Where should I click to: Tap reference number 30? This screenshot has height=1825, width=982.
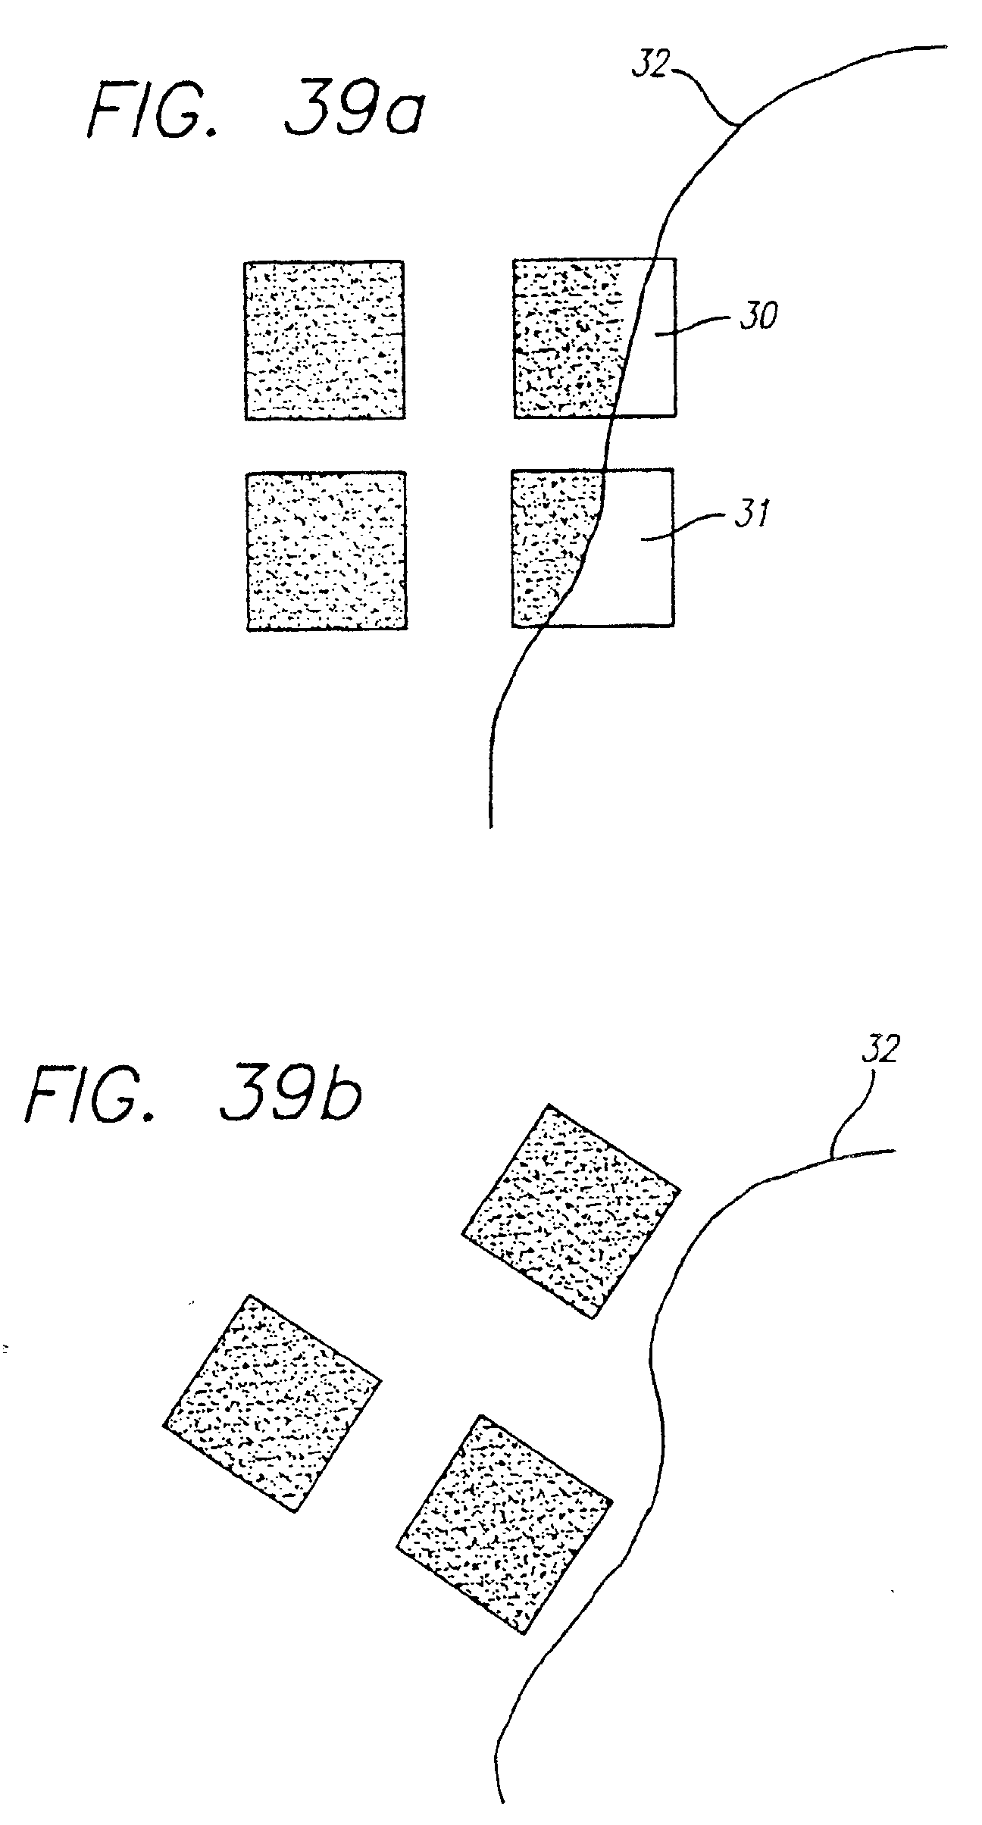[757, 317]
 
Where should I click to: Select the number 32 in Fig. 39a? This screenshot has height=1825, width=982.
[651, 66]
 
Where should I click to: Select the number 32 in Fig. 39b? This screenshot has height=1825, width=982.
[879, 1051]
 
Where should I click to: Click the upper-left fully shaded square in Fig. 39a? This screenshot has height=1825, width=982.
[324, 340]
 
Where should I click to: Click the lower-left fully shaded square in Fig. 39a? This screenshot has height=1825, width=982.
[327, 551]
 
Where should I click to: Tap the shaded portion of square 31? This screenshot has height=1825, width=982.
[549, 545]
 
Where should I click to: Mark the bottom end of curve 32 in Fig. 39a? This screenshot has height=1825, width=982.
[491, 824]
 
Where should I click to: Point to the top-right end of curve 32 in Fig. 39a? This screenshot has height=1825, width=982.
[945, 47]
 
